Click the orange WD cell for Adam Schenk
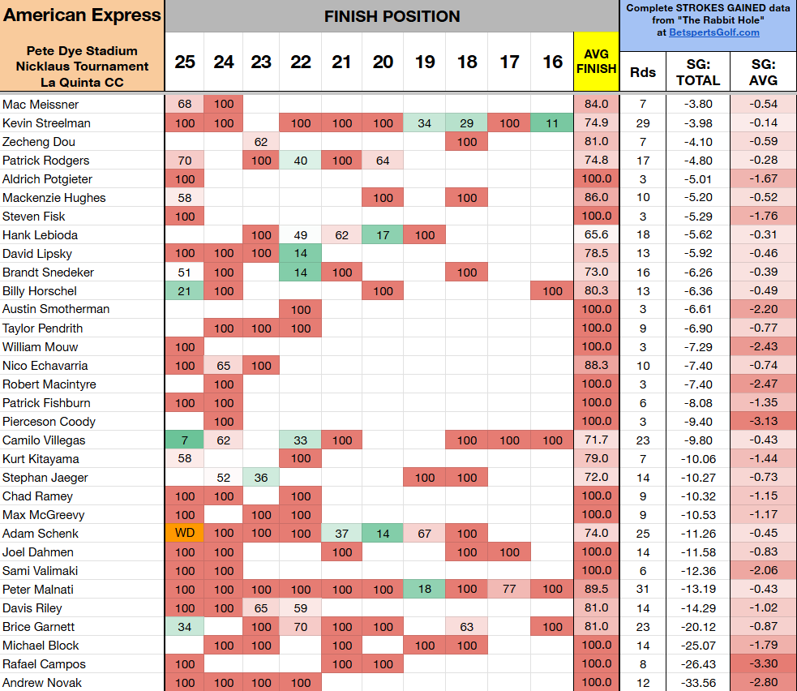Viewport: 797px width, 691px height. point(185,534)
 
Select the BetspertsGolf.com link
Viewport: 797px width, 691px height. point(713,32)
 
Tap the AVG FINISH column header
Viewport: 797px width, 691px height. point(596,62)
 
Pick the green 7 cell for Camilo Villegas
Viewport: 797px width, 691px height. point(185,440)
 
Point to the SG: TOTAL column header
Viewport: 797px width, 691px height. point(697,72)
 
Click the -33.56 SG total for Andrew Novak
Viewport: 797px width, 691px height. point(697,683)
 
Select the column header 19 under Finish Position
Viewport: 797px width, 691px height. point(424,62)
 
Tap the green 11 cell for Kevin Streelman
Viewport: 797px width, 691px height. point(552,123)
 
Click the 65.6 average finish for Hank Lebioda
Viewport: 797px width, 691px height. point(596,235)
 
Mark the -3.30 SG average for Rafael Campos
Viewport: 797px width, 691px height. point(763,664)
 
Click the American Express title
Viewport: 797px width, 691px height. point(82,16)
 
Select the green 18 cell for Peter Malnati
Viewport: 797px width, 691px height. point(424,590)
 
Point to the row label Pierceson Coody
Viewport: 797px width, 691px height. point(49,422)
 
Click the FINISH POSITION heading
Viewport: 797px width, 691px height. point(392,16)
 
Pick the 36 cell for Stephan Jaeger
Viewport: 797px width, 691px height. point(261,478)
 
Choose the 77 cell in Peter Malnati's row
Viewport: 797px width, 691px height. point(509,590)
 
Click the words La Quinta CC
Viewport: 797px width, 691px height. point(82,82)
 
